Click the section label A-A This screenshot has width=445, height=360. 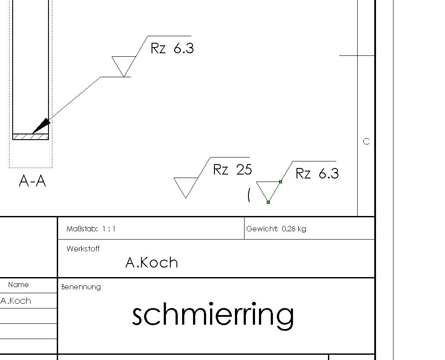coord(32,180)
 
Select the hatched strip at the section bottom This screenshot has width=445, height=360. coord(31,137)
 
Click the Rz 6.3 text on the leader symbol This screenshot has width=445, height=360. coord(172,48)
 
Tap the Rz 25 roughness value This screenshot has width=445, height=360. coord(232,170)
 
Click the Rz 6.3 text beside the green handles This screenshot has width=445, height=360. coord(317,173)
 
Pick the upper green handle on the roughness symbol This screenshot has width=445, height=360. coord(280,182)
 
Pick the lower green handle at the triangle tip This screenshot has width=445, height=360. coord(268,202)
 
